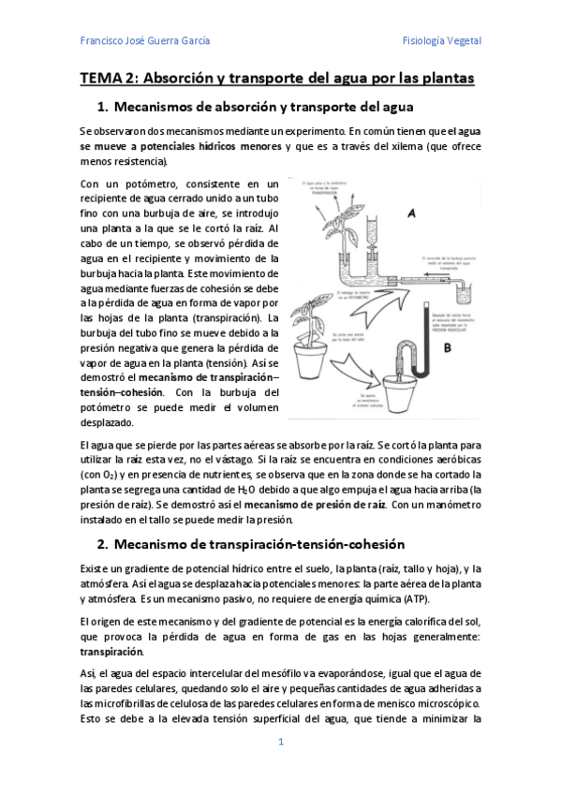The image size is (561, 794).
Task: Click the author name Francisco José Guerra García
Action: (144, 41)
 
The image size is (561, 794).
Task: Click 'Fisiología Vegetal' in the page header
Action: (441, 41)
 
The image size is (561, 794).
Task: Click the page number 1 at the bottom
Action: (280, 743)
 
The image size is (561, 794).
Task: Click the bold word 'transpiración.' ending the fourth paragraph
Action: (112, 651)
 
